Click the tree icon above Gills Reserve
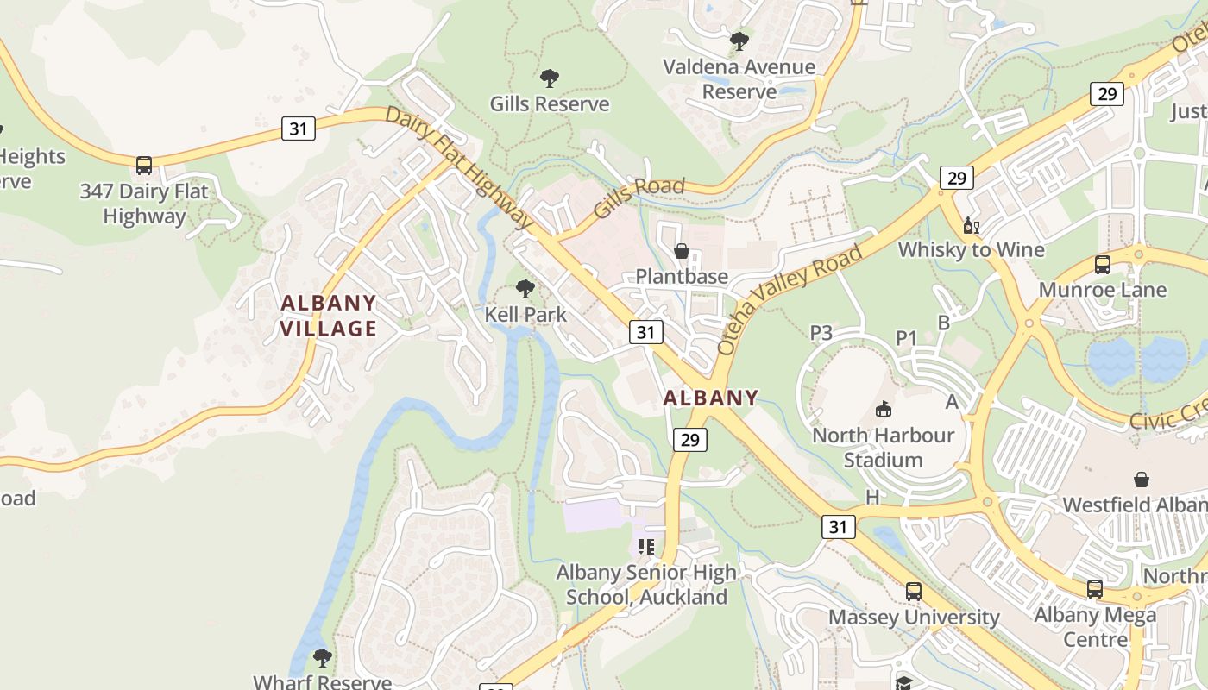pyautogui.click(x=549, y=78)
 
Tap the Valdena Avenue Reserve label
pyautogui.click(x=739, y=78)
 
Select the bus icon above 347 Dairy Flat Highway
pyautogui.click(x=144, y=165)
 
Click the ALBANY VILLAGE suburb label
pyautogui.click(x=329, y=316)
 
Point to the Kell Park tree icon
pyautogui.click(x=525, y=289)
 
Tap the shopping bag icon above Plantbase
pyautogui.click(x=682, y=251)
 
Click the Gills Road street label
pyautogui.click(x=639, y=197)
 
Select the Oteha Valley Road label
pyautogui.click(x=790, y=299)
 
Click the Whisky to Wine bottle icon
pyautogui.click(x=971, y=225)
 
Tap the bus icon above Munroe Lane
pyautogui.click(x=1102, y=264)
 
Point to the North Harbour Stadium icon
pyautogui.click(x=883, y=409)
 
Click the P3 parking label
pyautogui.click(x=821, y=333)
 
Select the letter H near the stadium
pyautogui.click(x=872, y=497)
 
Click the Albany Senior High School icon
pyautogui.click(x=646, y=546)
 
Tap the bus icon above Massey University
pyautogui.click(x=913, y=592)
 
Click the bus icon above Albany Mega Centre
pyautogui.click(x=1094, y=589)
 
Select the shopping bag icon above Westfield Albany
pyautogui.click(x=1142, y=479)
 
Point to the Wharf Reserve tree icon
pyautogui.click(x=322, y=658)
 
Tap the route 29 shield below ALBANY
pyautogui.click(x=689, y=440)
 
